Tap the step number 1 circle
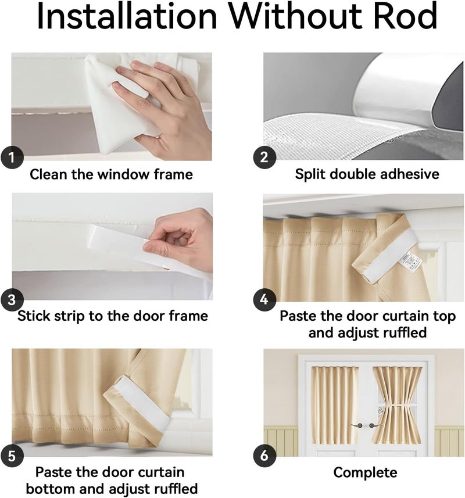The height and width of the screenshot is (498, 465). coord(12,157)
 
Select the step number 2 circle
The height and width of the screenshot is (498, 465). coord(264,157)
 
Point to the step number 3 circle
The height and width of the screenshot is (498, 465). coord(12,299)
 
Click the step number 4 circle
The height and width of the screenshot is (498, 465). coord(264,299)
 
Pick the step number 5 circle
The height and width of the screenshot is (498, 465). coord(12,456)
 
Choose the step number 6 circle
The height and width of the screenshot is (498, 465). coord(264,456)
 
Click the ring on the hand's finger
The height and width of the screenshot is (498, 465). coord(159,137)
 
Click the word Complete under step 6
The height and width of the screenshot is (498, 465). coord(365,472)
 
